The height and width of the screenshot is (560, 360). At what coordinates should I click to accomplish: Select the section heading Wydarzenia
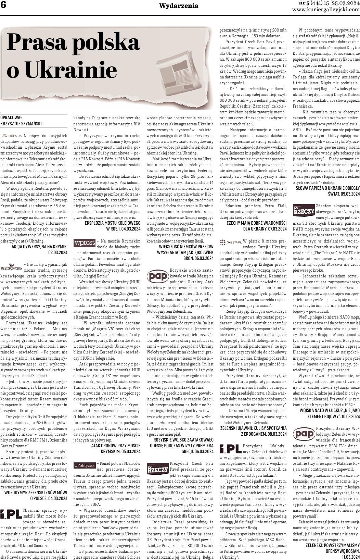pos(179,6)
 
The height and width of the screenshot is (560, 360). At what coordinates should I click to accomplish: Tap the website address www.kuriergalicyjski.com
pos(326,10)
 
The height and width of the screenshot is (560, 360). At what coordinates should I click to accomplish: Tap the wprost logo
pos(84,243)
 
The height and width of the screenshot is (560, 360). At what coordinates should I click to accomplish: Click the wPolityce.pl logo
pos(85,465)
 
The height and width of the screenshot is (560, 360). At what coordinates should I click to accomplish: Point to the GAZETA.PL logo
pos(231,242)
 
